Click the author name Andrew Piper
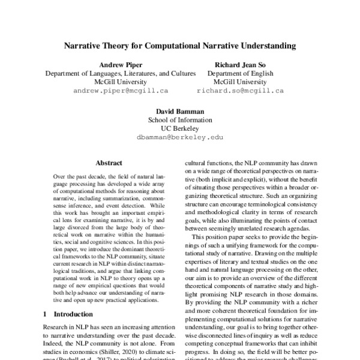(x=121, y=64)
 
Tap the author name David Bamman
(x=180, y=110)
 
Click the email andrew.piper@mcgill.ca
(x=121, y=91)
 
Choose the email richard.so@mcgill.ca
(x=240, y=91)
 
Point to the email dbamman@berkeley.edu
(x=180, y=137)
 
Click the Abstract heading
(x=109, y=163)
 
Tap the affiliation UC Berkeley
(x=180, y=128)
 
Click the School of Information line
(x=180, y=119)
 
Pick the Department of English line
(x=240, y=73)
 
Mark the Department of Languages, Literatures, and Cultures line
(x=121, y=73)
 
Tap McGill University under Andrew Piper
(x=121, y=82)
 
